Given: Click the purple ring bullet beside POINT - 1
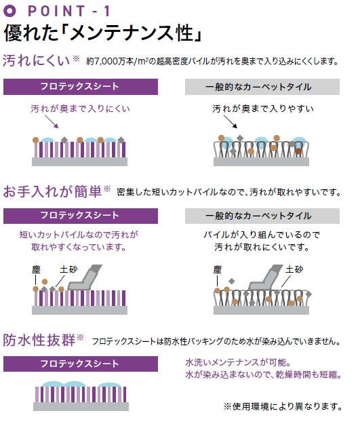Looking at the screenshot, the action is point(10,11).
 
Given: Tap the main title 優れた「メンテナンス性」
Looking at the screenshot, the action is point(103,33).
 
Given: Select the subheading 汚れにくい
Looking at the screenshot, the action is point(37,60).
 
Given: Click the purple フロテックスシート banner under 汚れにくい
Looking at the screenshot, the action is point(81,87).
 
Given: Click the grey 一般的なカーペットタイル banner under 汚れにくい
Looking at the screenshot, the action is point(262,87).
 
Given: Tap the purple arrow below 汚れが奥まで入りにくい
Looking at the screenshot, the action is point(52,121).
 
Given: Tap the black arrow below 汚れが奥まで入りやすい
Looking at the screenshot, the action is point(231,121).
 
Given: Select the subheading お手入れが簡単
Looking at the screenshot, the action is point(53,191).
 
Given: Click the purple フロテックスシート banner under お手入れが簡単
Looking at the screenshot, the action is point(81,216).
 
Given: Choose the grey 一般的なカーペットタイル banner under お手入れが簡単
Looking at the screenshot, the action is point(262,216).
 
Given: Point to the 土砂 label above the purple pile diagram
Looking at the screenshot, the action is point(68,269).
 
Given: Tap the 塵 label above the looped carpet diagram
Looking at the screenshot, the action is point(218,270).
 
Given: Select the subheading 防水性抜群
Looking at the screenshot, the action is point(39,340).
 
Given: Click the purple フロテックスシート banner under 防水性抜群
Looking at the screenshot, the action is point(81,364).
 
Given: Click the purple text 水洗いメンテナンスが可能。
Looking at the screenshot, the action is point(239,362).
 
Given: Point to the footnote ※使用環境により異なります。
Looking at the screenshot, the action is point(283,406).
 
